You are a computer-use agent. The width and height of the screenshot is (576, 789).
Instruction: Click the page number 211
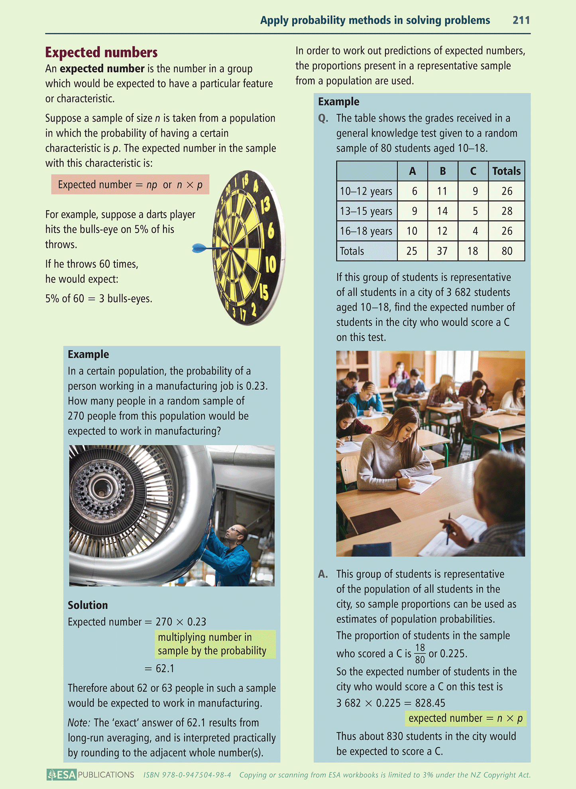point(521,20)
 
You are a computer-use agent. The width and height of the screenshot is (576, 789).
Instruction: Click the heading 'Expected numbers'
point(101,52)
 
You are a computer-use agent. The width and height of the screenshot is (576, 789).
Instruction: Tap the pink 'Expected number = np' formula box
point(130,185)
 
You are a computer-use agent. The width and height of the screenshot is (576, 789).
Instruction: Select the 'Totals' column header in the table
point(506,171)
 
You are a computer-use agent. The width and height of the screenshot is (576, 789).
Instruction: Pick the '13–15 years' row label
point(366,211)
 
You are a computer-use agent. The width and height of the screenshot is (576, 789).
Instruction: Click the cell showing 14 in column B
point(442,211)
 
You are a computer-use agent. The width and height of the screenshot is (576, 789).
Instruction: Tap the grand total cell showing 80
point(507,251)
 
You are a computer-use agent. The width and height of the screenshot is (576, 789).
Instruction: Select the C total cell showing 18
point(473,251)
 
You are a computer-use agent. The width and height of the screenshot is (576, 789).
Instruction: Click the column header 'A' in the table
point(412,171)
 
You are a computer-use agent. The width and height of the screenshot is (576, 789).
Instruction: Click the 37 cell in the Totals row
point(442,251)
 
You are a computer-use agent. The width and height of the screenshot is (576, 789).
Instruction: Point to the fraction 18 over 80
point(420,653)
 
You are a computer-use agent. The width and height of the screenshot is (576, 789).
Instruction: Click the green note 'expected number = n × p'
point(465,718)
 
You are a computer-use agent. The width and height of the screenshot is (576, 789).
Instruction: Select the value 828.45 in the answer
point(430,703)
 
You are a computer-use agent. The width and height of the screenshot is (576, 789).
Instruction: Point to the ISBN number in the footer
point(187,775)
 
